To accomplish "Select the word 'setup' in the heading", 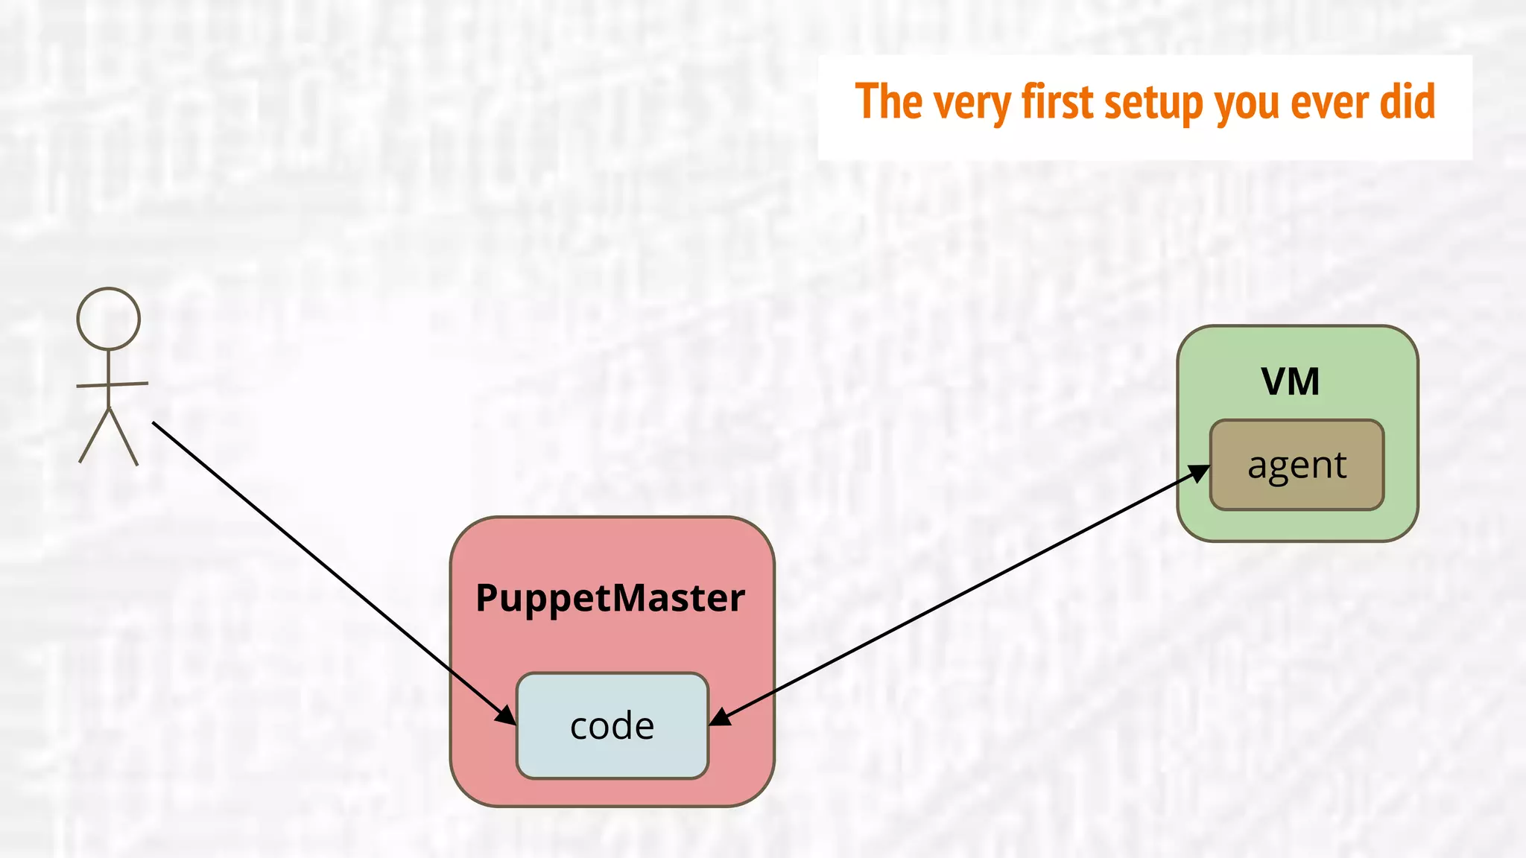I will coord(1153,103).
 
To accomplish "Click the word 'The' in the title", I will coord(888,101).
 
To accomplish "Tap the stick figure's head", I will coord(109,319).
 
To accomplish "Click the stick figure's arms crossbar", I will coord(112,384).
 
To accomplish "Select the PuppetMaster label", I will coord(610,597).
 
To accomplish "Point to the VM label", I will coord(1291,381).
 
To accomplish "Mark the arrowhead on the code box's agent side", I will coord(720,716).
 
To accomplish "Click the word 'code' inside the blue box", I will coord(612,725).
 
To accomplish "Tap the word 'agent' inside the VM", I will coord(1297,466).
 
